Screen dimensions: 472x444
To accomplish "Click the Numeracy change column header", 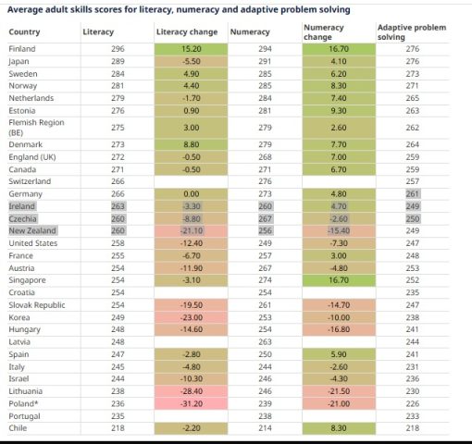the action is pyautogui.click(x=324, y=32).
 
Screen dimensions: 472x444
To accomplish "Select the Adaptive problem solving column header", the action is pyautogui.click(x=412, y=32).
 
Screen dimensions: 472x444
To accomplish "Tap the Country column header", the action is pyautogui.click(x=24, y=32).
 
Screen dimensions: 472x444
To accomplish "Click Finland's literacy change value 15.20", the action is pyautogui.click(x=192, y=49).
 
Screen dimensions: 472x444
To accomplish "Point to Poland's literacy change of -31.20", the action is pyautogui.click(x=192, y=403).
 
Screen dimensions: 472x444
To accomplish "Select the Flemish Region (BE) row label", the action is pyautogui.click(x=36, y=128).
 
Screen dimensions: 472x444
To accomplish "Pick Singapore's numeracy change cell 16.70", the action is pyautogui.click(x=339, y=280).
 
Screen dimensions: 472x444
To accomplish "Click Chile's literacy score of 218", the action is pyautogui.click(x=118, y=428).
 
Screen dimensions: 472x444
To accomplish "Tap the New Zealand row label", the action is pyautogui.click(x=32, y=230).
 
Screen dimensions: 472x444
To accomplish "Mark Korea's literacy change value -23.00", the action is pyautogui.click(x=192, y=317).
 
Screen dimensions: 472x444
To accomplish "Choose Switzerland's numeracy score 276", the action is pyautogui.click(x=265, y=181).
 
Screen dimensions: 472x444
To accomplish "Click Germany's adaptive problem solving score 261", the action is pyautogui.click(x=413, y=194).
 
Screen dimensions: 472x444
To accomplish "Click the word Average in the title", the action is pyautogui.click(x=25, y=10).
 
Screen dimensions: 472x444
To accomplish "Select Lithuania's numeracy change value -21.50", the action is pyautogui.click(x=339, y=391).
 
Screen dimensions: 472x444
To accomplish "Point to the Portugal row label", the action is pyautogui.click(x=24, y=416).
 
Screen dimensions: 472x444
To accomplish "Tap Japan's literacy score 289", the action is pyautogui.click(x=118, y=61).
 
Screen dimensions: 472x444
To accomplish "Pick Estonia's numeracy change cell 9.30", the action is pyautogui.click(x=339, y=111).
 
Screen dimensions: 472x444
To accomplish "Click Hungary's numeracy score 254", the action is pyautogui.click(x=265, y=329).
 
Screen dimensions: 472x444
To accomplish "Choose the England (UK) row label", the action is pyautogui.click(x=32, y=157).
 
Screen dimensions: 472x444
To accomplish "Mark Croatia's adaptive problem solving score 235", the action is pyautogui.click(x=413, y=292).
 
